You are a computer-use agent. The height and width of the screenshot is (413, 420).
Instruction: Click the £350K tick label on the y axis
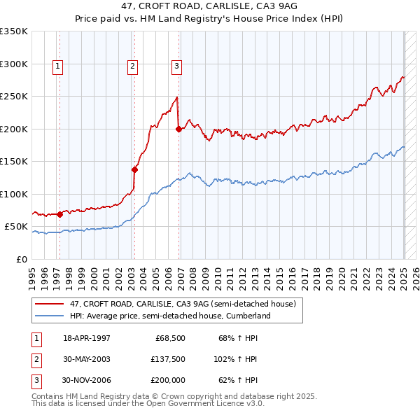14,31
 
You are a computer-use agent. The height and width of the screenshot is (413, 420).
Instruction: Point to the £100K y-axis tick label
14,194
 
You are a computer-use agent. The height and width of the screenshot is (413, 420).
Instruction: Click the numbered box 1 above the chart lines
57,66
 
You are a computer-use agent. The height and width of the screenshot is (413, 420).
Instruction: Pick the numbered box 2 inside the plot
132,66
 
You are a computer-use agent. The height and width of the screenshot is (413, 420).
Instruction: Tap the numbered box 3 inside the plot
176,66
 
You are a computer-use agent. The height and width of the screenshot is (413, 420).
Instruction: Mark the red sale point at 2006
179,129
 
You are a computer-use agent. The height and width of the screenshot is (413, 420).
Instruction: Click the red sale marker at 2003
134,169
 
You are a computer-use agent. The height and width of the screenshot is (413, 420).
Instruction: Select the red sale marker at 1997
59,214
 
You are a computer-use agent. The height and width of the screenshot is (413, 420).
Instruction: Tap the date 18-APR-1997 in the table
87,338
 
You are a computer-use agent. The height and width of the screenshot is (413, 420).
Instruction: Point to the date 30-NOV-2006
87,380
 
